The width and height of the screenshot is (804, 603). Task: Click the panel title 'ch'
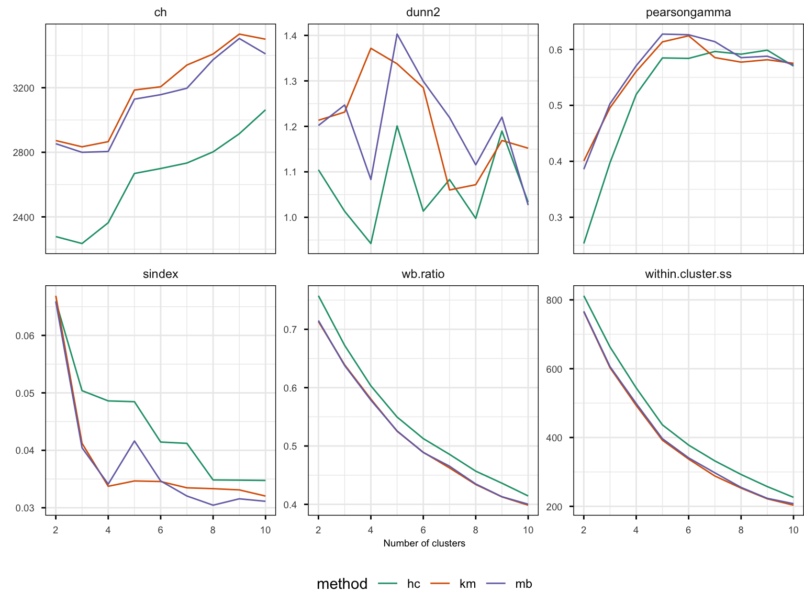click(160, 13)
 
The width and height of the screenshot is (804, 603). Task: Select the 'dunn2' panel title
click(423, 13)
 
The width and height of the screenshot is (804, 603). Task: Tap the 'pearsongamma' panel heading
click(688, 13)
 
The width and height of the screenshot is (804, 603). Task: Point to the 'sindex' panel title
click(160, 274)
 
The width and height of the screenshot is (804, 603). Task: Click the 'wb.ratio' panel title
click(423, 274)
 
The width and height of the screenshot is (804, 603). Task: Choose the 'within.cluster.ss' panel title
click(688, 274)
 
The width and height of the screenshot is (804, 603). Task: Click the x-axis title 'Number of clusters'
click(424, 543)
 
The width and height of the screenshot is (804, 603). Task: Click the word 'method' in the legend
click(342, 584)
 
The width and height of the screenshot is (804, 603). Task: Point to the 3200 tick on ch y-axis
click(24, 88)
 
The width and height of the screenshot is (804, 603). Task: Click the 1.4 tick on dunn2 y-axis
click(290, 36)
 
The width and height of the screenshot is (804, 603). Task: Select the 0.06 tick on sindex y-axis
click(25, 336)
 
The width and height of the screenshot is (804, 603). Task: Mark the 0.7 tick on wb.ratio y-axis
click(290, 329)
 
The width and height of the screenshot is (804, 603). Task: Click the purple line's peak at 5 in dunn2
click(397, 34)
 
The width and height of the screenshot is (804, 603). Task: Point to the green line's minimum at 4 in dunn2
click(371, 243)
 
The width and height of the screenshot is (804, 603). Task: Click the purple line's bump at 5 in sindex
click(135, 441)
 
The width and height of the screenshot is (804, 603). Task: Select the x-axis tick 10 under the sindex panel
click(265, 530)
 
